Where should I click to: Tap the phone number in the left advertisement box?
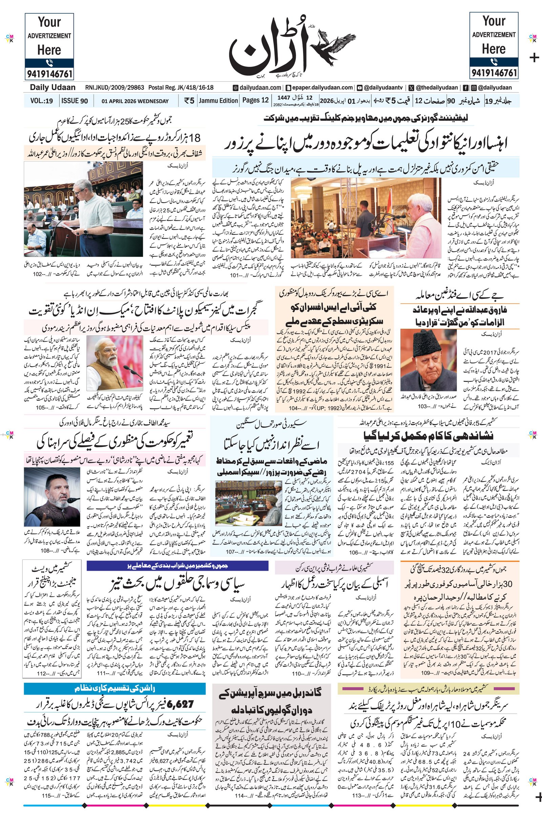(49, 74)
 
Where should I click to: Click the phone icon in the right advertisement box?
(494, 62)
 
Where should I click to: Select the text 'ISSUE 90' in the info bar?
(74, 101)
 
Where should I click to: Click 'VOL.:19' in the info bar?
(41, 101)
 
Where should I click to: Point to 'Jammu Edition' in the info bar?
(218, 101)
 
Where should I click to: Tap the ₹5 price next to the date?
(189, 101)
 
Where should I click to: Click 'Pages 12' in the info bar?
(255, 101)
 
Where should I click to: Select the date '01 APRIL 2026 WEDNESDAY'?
(135, 101)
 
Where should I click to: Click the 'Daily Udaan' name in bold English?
(53, 87)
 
